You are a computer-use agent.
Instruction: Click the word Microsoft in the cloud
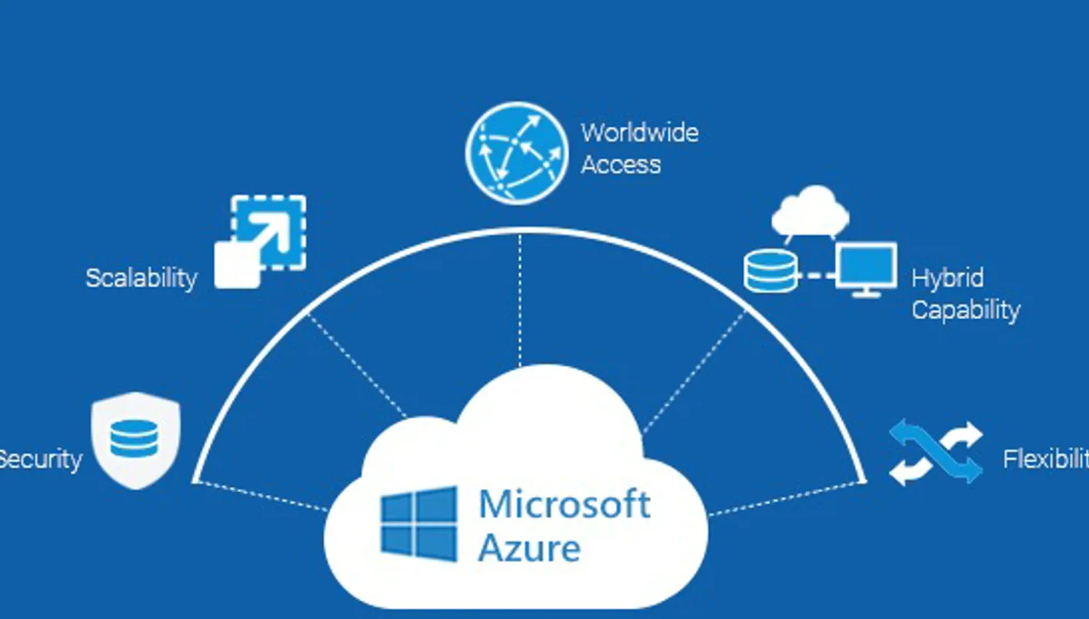(x=564, y=504)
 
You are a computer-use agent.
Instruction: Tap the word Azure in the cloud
(x=529, y=548)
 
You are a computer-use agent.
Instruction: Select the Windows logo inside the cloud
(x=418, y=524)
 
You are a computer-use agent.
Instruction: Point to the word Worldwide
(x=639, y=133)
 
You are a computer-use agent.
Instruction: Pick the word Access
(x=621, y=165)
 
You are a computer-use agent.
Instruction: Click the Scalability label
(x=142, y=278)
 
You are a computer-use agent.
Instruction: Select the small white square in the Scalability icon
(x=235, y=266)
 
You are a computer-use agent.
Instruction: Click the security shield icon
(x=135, y=440)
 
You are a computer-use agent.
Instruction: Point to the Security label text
(x=40, y=460)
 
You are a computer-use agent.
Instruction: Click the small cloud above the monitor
(x=811, y=209)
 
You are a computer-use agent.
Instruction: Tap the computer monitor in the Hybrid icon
(x=866, y=268)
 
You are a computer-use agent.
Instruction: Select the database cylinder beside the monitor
(x=770, y=271)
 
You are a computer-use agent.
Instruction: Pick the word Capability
(x=965, y=310)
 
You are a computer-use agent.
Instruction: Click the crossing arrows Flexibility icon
(x=935, y=453)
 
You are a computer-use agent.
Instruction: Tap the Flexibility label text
(x=1045, y=460)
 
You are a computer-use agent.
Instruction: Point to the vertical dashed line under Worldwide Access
(x=520, y=300)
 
